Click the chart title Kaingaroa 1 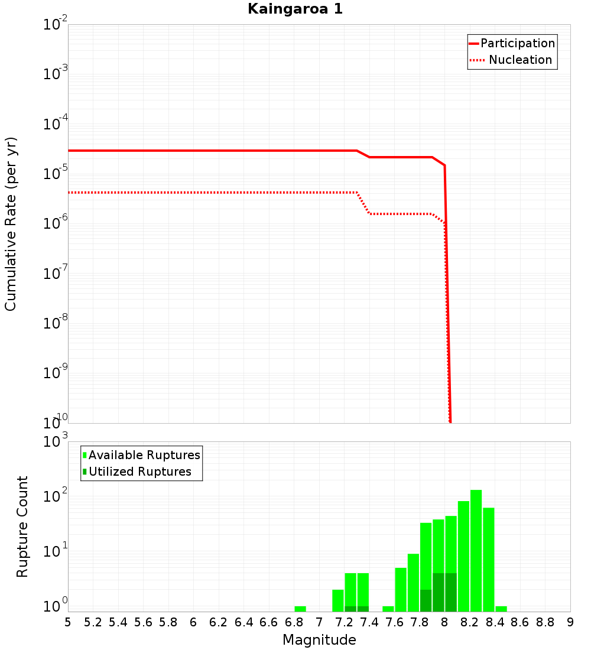coord(295,9)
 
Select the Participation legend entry coord(512,43)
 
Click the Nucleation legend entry coord(512,60)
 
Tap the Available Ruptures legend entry coord(141,455)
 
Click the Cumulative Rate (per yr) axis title coord(11,223)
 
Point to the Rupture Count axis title coord(22,526)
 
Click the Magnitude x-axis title coord(319,640)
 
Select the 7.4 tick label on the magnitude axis coord(369,622)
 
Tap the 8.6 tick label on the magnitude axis coord(520,622)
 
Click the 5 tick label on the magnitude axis coord(68,622)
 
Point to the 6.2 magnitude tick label coord(219,622)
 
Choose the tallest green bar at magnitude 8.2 coord(476,550)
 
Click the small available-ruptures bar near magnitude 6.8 coord(300,609)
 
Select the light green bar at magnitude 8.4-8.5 coord(501,609)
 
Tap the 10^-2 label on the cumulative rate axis coord(56,25)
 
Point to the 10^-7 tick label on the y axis coord(56,274)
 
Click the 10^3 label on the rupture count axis coord(56,442)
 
